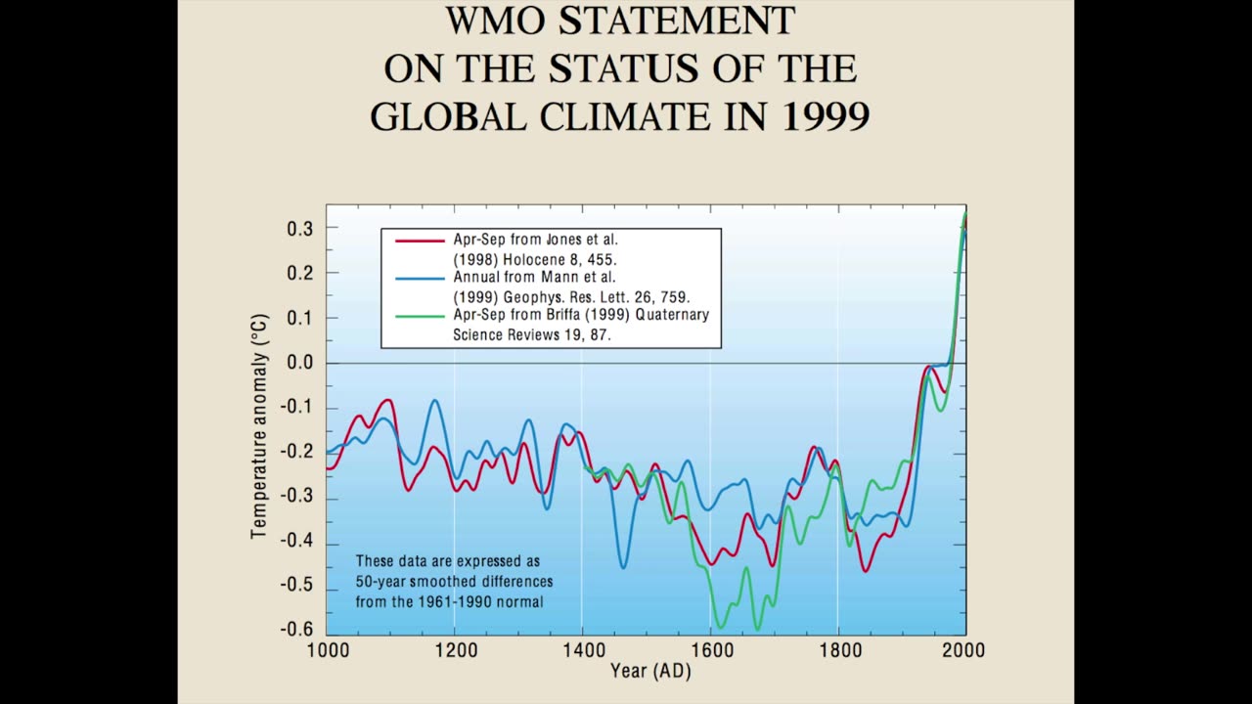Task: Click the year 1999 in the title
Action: [827, 115]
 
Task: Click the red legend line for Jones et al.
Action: [420, 240]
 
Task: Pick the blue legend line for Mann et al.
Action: [420, 278]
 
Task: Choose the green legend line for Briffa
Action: [420, 316]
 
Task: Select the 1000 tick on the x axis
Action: [327, 650]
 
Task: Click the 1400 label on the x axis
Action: [582, 650]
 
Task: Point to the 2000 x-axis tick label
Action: [964, 650]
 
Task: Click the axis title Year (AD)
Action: [650, 672]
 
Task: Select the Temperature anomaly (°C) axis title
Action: [259, 426]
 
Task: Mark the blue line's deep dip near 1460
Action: [623, 566]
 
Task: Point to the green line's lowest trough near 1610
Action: [721, 627]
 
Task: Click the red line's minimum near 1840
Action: [865, 570]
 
